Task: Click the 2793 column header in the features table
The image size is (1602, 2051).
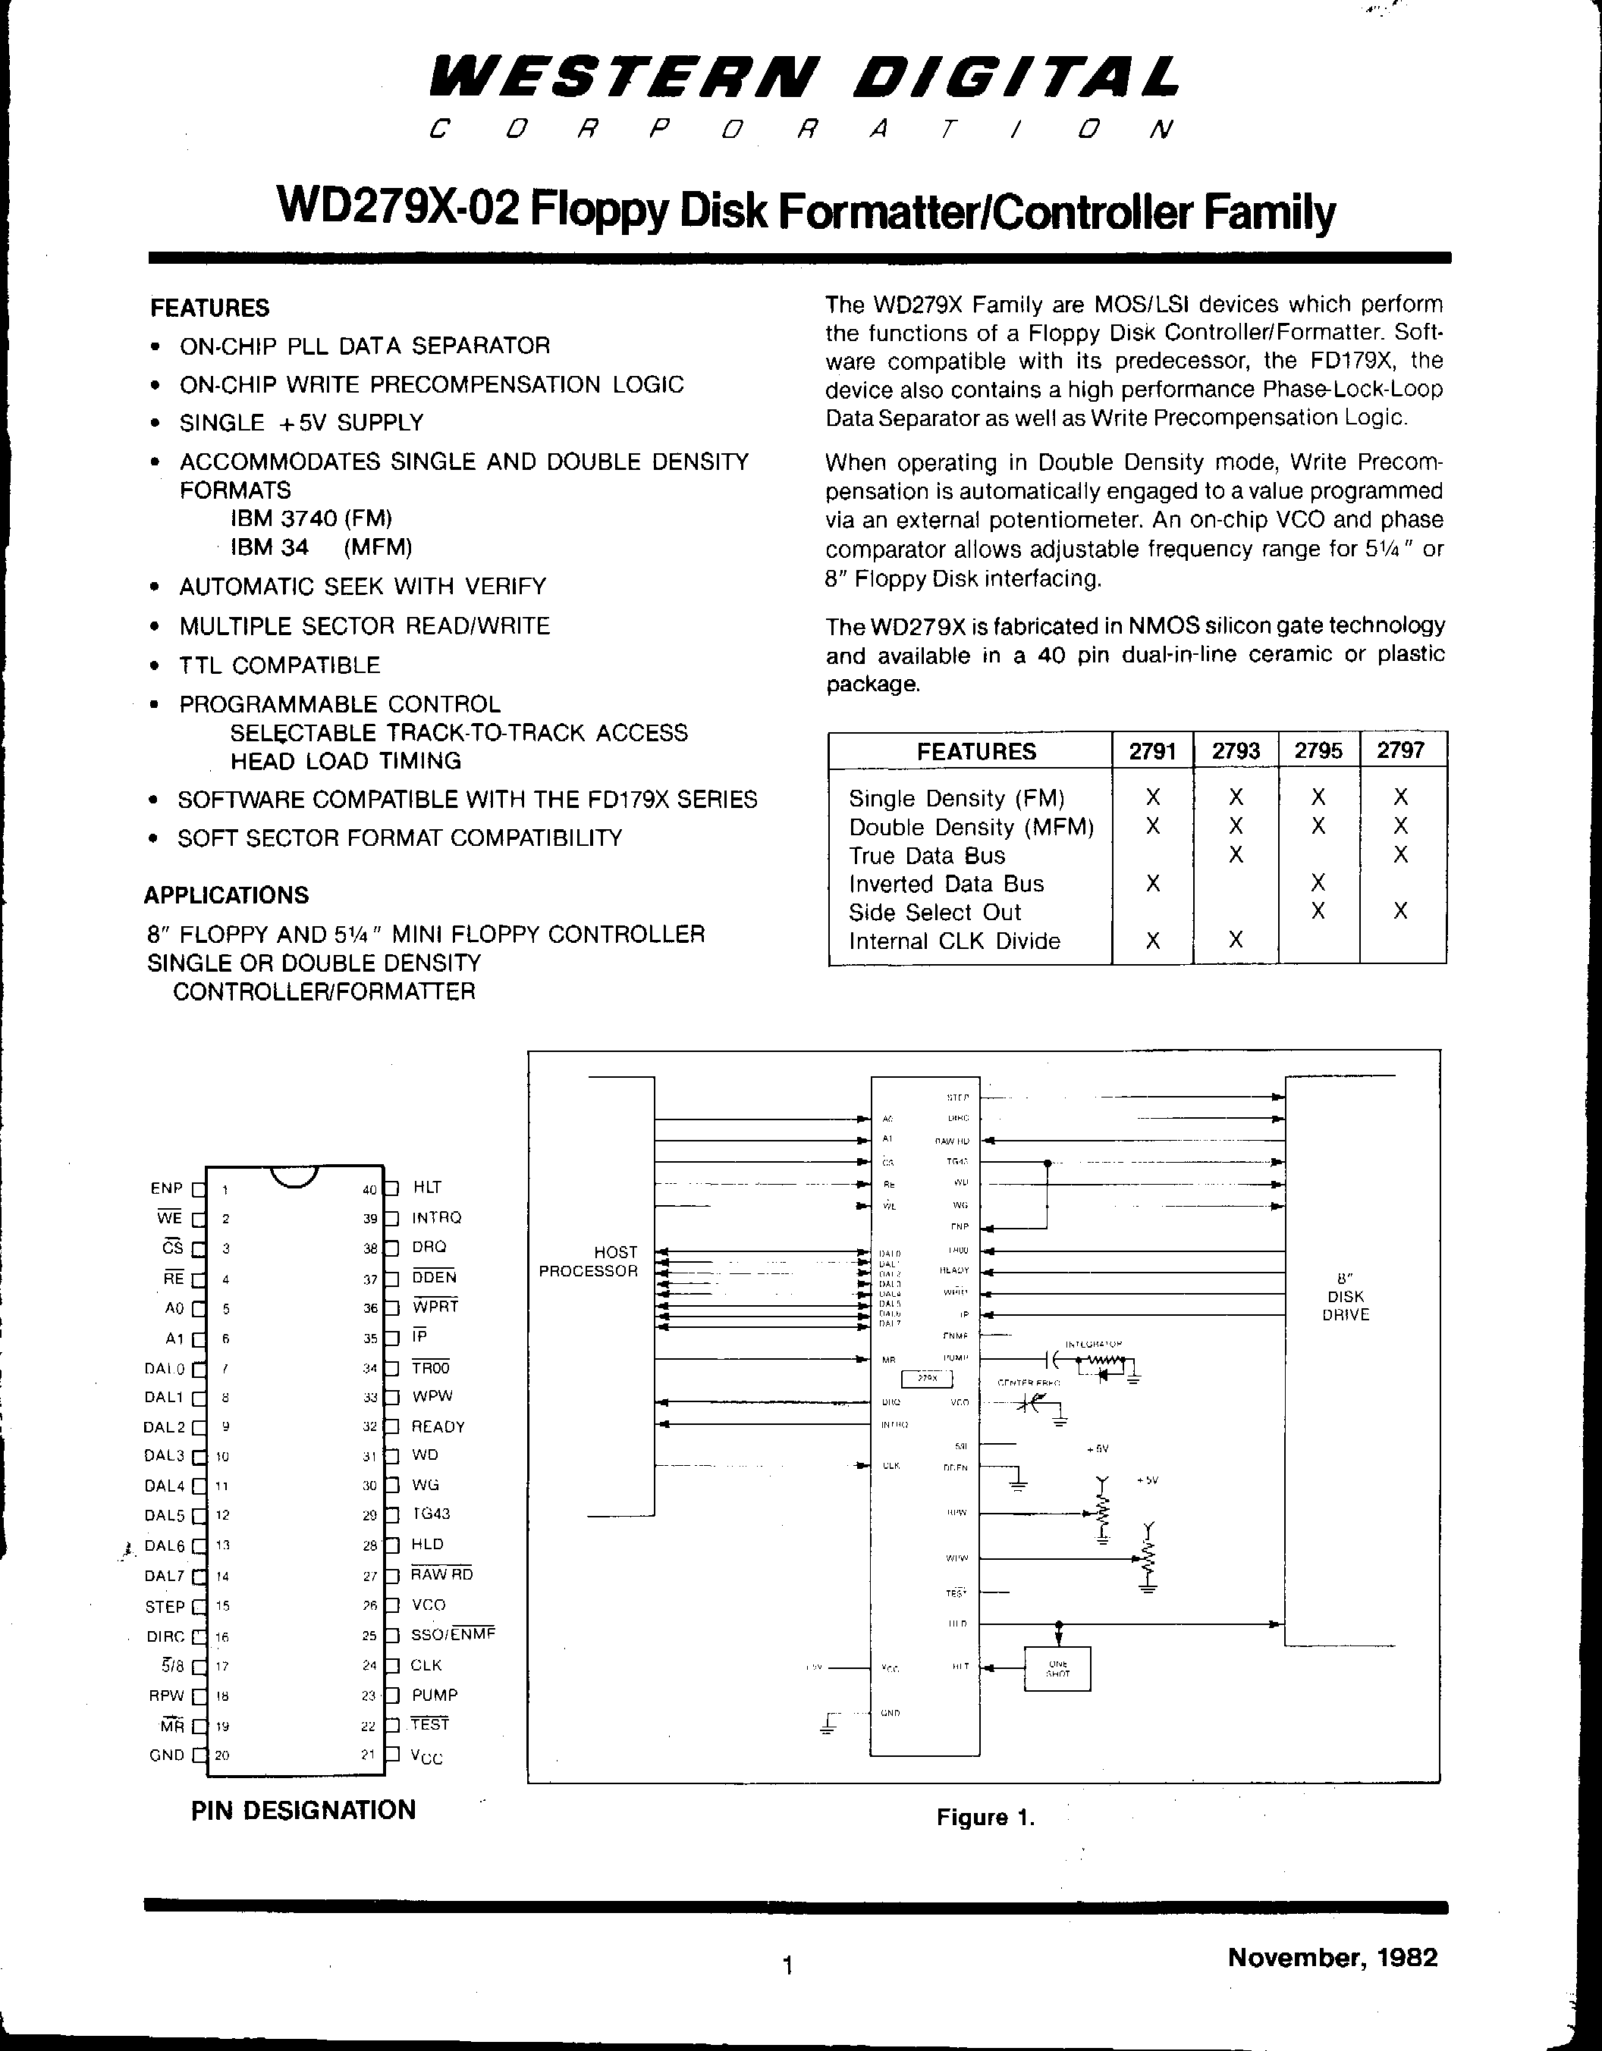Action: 1236,751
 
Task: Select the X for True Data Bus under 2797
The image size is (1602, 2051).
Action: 1401,855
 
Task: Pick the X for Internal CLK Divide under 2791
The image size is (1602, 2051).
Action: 1153,941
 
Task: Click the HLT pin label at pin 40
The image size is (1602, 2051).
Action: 426,1187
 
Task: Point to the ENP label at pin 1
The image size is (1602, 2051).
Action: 165,1188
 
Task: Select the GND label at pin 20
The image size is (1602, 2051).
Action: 166,1754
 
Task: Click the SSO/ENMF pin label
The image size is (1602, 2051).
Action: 452,1635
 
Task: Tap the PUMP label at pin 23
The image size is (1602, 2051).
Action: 434,1695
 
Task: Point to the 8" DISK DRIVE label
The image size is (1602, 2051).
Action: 1346,1296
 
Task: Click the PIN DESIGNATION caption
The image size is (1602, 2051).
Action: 303,1811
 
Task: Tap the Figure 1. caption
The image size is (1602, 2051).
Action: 985,1817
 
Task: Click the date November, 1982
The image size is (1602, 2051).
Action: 1332,1957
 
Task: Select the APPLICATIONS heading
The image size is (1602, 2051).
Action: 227,895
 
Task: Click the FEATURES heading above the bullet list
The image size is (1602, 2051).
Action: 209,308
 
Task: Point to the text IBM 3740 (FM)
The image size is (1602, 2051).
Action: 311,518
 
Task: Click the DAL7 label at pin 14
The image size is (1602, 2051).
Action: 165,1576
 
